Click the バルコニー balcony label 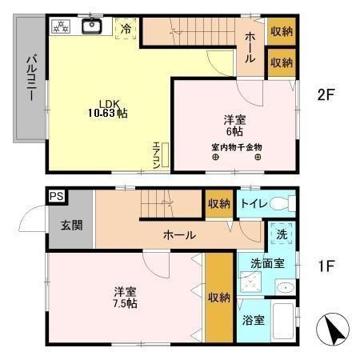pos(30,77)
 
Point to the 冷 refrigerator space pos(126,28)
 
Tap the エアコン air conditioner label pos(157,154)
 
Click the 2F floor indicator pos(326,95)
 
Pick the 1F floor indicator pos(325,263)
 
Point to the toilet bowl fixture pos(278,203)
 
